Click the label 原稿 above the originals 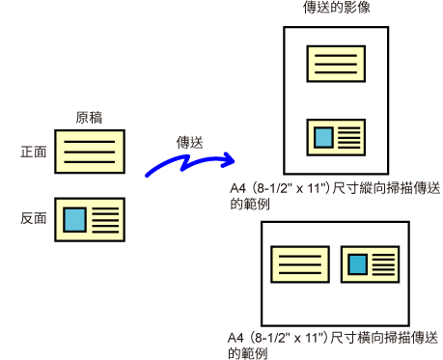[89, 118]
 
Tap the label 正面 [34, 152]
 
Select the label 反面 [34, 218]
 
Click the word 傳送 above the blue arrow [190, 143]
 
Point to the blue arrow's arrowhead [229, 160]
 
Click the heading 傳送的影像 [337, 7]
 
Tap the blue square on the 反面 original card [74, 220]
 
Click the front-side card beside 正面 [90, 152]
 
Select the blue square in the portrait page [323, 137]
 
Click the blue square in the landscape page [358, 264]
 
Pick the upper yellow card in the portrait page [336, 64]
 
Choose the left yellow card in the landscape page [300, 264]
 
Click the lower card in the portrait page [336, 137]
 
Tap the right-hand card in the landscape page [370, 264]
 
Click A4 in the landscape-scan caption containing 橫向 [235, 338]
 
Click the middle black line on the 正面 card [90, 152]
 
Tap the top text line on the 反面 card [105, 208]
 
